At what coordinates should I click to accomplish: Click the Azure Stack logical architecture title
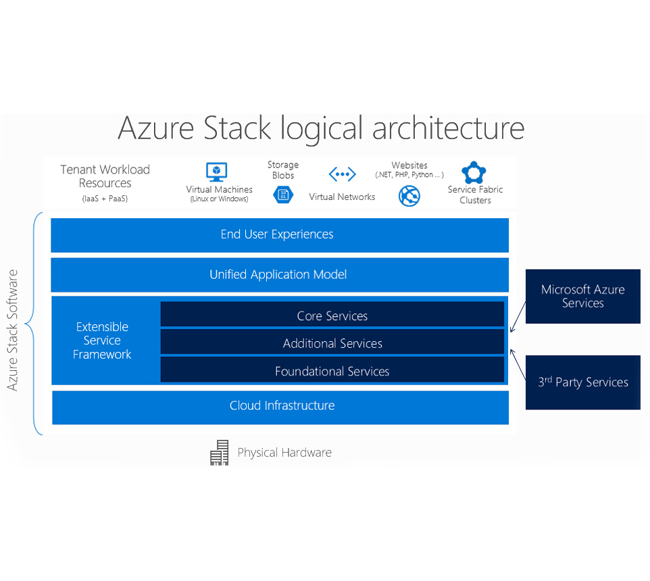pos(321,128)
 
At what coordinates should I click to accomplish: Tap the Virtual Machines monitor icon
pos(216,172)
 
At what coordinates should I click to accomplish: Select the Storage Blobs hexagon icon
pos(283,195)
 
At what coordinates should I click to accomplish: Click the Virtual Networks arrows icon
pos(342,175)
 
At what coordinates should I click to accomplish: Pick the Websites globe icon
pos(409,196)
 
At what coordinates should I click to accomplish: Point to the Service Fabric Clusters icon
pos(474,172)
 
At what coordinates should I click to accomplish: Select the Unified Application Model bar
pos(279,275)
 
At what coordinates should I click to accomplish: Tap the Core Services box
pos(332,315)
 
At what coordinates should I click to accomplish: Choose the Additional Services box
pos(332,343)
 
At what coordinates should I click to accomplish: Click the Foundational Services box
pos(332,371)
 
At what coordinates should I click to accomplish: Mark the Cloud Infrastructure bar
pos(280,406)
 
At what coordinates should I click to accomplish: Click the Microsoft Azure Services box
pos(582,296)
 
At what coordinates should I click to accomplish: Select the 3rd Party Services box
pos(582,382)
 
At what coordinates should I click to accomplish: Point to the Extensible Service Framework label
pos(102,340)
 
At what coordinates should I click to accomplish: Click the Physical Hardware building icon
pos(220,453)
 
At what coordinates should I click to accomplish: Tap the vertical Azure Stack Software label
pos(13,330)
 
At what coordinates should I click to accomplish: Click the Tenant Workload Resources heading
pos(105,176)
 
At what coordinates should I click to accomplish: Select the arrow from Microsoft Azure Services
pos(518,318)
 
